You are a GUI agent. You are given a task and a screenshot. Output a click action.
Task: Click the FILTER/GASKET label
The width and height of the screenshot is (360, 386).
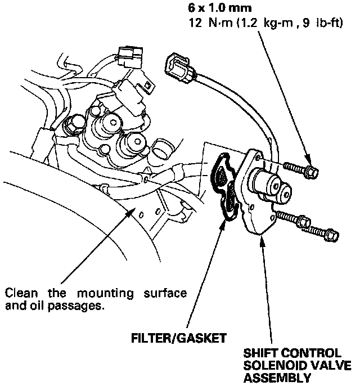pos(179,338)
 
